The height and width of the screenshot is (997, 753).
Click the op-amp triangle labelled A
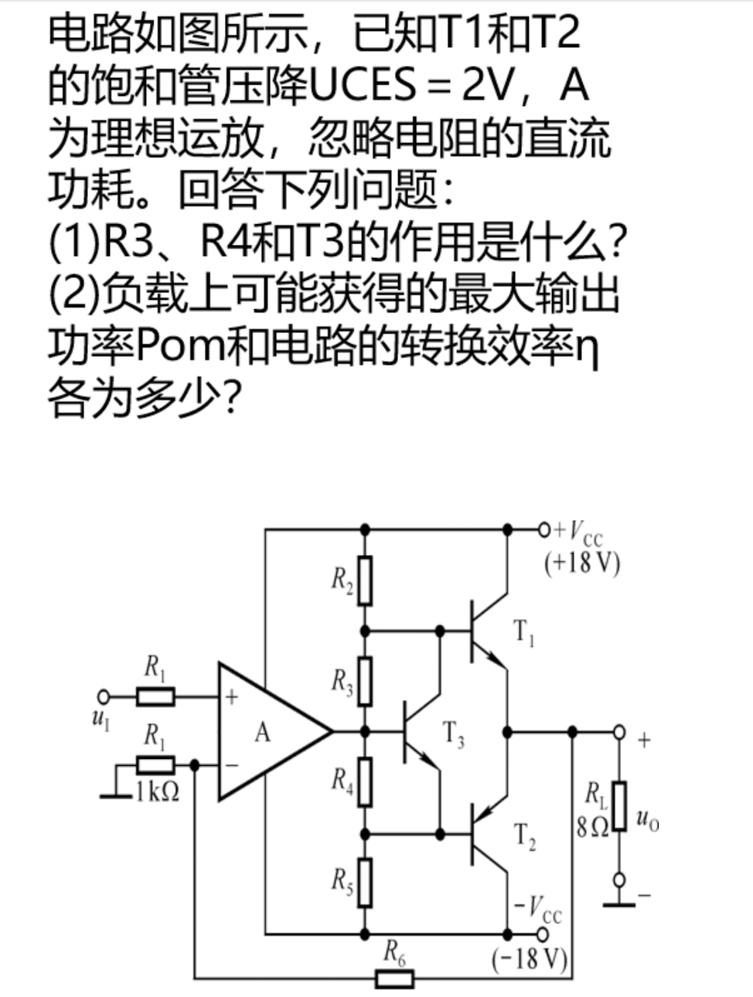point(267,731)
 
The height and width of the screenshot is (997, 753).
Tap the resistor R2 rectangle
point(365,580)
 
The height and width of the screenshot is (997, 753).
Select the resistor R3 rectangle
point(365,681)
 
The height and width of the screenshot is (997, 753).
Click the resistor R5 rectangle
point(365,882)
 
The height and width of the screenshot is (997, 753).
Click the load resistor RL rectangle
point(618,807)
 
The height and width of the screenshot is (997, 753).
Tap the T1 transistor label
point(524,633)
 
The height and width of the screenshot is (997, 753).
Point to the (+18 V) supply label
point(582,563)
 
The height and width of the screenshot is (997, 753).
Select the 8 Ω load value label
point(591,826)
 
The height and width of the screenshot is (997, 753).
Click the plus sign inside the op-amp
point(231,696)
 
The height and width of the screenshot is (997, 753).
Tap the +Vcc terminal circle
point(543,529)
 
